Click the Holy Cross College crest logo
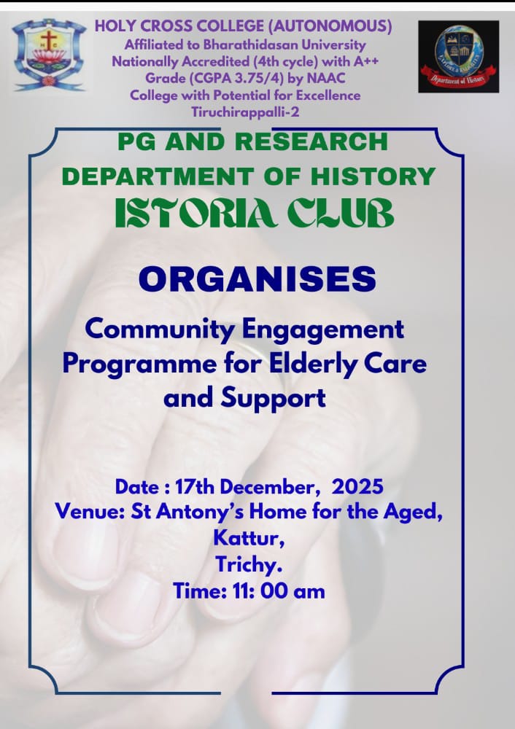(48, 55)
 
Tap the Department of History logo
(458, 57)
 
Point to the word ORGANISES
(257, 280)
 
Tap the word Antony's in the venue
(195, 512)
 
